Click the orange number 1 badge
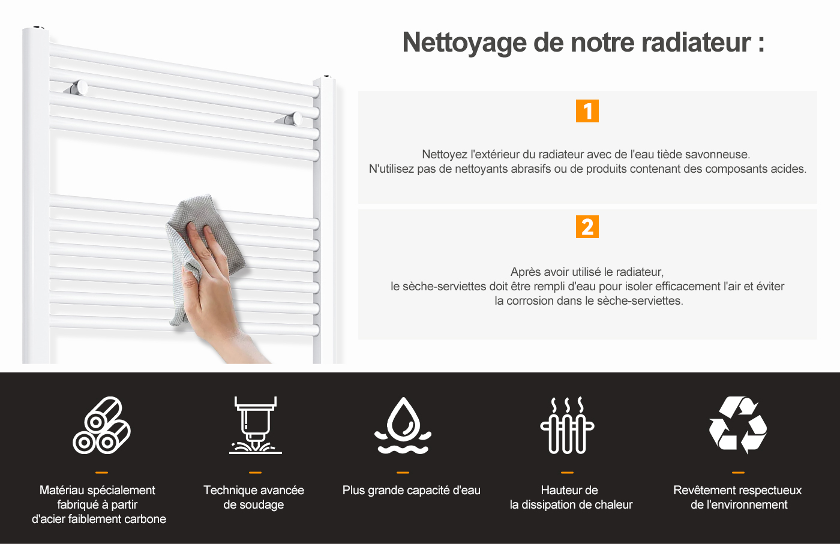(587, 111)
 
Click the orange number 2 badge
(587, 227)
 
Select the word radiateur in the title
(696, 43)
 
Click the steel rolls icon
(101, 425)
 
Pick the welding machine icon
(256, 425)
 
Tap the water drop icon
(403, 425)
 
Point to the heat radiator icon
(567, 425)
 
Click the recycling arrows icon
(738, 425)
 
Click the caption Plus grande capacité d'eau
(412, 491)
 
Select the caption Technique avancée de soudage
(254, 497)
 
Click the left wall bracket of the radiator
(77, 88)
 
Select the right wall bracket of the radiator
(289, 119)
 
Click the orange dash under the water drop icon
(403, 473)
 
